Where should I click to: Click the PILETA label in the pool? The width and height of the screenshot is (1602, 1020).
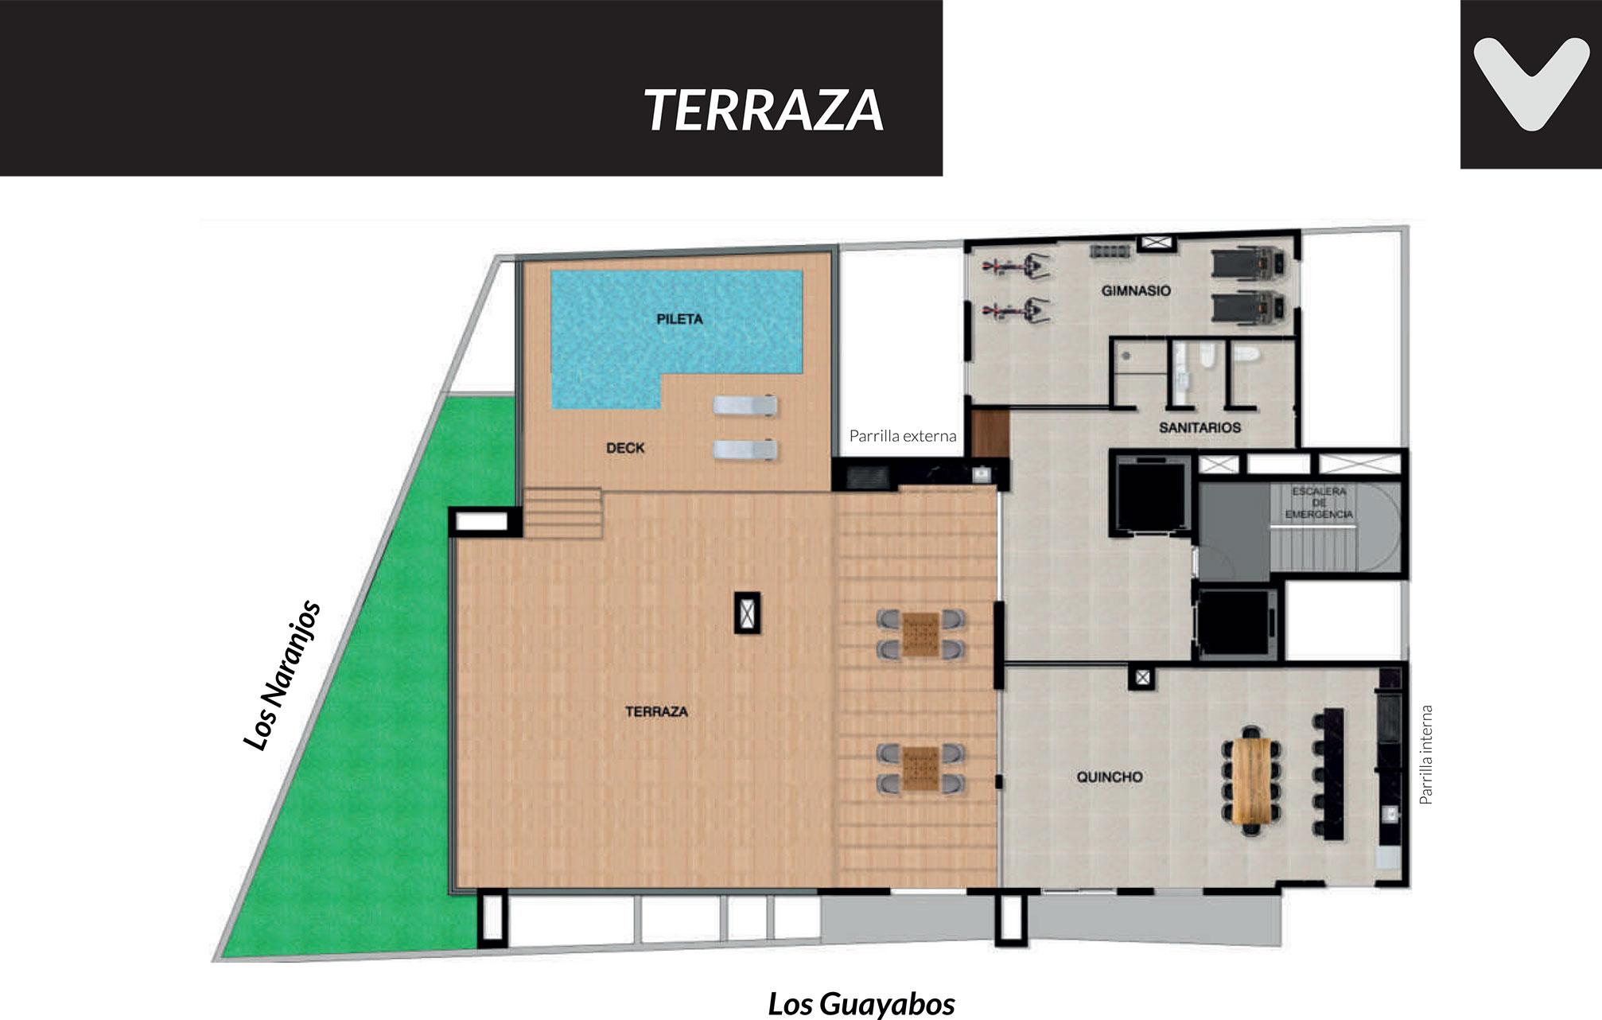coord(679,319)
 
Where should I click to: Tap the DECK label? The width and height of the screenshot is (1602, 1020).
coord(625,448)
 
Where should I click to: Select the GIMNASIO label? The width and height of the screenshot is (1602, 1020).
coord(1136,290)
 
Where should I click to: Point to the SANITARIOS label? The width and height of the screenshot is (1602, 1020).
coord(1200,427)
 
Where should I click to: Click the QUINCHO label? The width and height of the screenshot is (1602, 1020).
coord(1110,777)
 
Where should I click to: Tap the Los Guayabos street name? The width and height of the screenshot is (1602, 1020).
coord(861,1004)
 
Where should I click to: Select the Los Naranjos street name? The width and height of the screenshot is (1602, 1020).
coord(282,675)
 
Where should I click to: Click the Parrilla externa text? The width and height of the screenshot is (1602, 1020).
coord(903,436)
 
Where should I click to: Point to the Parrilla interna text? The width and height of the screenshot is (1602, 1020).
coord(1426,754)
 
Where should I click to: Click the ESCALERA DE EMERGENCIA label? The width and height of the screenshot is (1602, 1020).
coord(1319,503)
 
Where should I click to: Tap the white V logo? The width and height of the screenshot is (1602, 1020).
coord(1531,84)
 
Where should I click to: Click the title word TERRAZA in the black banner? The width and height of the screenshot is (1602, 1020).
coord(764,111)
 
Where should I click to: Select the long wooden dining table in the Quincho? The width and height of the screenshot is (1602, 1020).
coord(1252,781)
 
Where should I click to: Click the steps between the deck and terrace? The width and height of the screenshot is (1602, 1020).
coord(562,513)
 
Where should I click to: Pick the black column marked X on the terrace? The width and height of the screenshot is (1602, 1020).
coord(747,613)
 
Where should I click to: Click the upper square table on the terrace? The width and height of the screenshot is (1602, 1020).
coord(921,634)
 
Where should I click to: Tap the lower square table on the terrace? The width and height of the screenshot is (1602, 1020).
coord(921,769)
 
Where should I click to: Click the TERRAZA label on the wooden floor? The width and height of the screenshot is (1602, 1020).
coord(656,711)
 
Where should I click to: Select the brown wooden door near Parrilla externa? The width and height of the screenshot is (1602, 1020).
coord(990,434)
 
